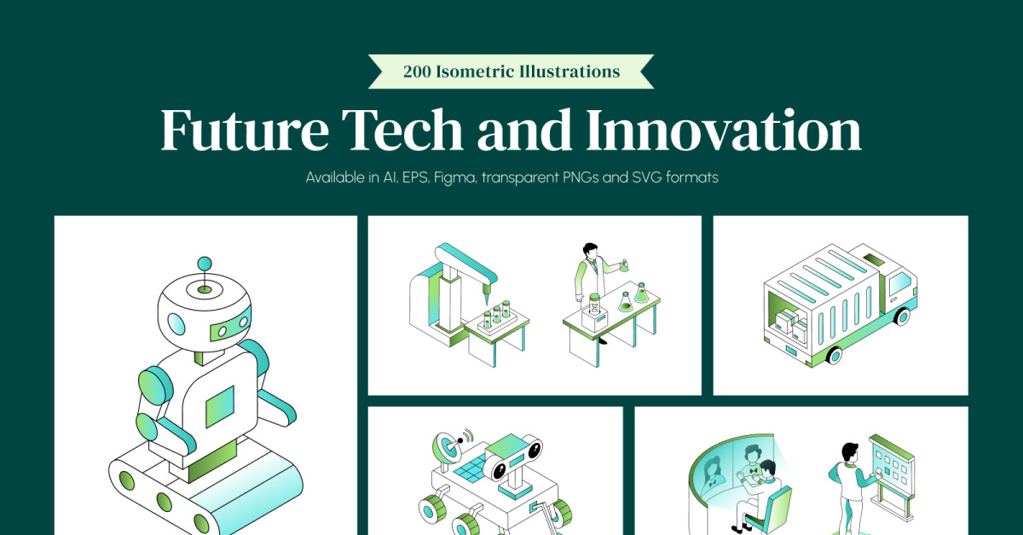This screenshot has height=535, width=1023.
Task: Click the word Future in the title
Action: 245,130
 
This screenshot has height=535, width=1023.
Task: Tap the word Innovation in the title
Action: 724,130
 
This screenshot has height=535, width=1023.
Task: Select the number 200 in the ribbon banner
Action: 417,72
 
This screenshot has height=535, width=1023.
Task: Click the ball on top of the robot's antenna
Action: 204,264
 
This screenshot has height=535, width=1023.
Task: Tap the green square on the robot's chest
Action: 220,406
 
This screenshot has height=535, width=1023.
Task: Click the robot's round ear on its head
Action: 176,323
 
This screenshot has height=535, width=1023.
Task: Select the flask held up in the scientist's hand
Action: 623,265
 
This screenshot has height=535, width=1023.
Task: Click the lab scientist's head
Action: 590,250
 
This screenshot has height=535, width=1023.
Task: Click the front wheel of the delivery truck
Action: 834,355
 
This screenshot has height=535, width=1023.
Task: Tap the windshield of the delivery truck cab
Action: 899,283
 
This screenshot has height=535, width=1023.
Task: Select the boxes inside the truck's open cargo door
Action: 790,323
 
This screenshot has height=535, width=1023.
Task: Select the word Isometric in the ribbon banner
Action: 474,72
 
